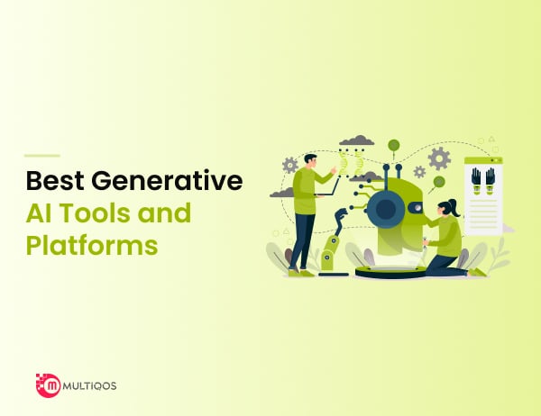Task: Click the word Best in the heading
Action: coord(55,181)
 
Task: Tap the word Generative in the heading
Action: coord(167,181)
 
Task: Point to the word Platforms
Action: coord(92,245)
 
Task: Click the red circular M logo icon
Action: coord(49,385)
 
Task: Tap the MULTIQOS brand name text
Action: coord(89,385)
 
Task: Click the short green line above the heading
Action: coord(42,156)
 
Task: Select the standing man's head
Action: coord(310,160)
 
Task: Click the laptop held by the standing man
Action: coord(327,188)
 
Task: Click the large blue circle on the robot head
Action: coord(386,209)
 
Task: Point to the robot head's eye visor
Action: coord(415,207)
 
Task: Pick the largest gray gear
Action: coord(439,158)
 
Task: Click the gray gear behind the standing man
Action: coord(289,166)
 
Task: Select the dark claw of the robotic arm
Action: coord(341,216)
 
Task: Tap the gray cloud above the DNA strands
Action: coord(357,140)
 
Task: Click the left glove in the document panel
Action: coord(476,181)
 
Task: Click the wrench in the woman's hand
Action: coord(425,243)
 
